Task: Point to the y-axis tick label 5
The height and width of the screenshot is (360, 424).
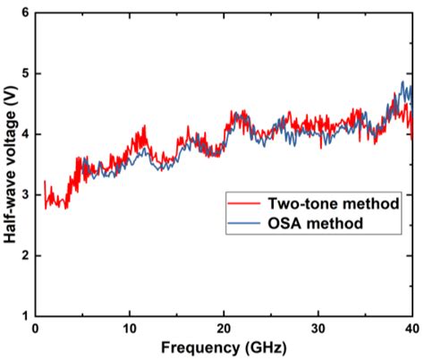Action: (x=24, y=73)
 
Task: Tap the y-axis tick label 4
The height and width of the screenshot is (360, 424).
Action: (x=24, y=134)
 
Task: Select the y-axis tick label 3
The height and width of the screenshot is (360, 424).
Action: (x=24, y=195)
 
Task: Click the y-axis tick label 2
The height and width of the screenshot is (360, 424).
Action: (x=24, y=256)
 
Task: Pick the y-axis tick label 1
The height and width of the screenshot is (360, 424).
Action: (x=24, y=316)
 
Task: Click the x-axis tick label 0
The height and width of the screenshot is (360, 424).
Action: (x=35, y=329)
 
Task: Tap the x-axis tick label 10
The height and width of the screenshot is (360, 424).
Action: (x=130, y=329)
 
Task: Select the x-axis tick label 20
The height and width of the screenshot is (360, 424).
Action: (x=224, y=329)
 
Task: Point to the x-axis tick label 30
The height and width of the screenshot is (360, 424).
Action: (x=318, y=329)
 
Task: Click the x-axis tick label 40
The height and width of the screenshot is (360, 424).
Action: (x=411, y=329)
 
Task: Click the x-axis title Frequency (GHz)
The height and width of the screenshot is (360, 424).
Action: (x=224, y=348)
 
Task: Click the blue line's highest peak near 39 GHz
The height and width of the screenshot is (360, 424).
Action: (x=402, y=82)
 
